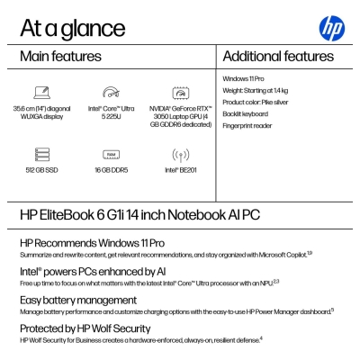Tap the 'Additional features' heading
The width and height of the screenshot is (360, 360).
[278, 57]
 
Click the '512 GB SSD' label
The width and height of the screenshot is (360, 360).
[42, 169]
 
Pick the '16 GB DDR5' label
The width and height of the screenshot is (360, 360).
[112, 169]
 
